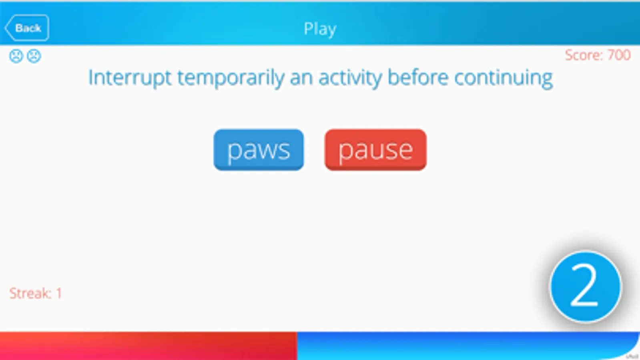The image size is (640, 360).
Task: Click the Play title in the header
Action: point(320,29)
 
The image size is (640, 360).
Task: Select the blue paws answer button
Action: point(259,150)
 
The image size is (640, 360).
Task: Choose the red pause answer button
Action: point(375,150)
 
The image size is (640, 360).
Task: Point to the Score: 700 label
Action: point(598,55)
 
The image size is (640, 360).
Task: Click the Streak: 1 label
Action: point(36,293)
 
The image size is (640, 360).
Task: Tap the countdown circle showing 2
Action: point(586,287)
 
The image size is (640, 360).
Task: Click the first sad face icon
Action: point(16,56)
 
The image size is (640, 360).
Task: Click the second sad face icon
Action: point(34,56)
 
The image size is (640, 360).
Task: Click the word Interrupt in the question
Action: point(130,78)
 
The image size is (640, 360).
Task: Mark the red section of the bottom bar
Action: point(148,346)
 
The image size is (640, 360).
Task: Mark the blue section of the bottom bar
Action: point(468,346)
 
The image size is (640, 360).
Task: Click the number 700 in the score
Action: point(618,55)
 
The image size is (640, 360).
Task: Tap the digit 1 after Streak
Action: point(59,293)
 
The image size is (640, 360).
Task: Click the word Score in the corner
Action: point(584,55)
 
